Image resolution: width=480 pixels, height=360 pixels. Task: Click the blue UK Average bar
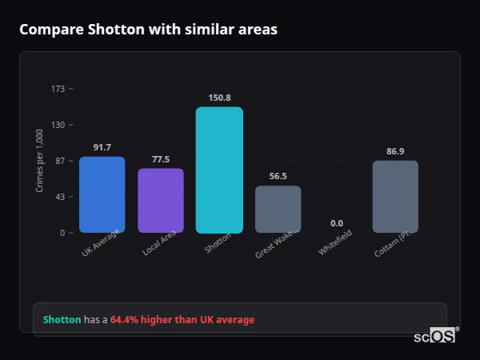tap(102, 194)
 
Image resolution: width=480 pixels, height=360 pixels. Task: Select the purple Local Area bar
tap(161, 200)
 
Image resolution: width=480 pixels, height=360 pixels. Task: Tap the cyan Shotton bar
tap(219, 170)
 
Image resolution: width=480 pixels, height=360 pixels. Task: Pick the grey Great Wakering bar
tap(278, 209)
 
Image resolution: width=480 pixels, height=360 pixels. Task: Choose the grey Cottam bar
tap(395, 196)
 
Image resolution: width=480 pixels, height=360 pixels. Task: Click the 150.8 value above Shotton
tap(219, 98)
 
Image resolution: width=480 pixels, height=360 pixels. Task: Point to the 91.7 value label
tap(102, 147)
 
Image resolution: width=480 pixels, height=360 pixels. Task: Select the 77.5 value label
tap(161, 159)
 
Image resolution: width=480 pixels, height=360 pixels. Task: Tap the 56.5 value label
tap(278, 177)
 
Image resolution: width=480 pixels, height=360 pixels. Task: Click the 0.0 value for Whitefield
tap(336, 223)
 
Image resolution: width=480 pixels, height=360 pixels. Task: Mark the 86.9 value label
tap(395, 151)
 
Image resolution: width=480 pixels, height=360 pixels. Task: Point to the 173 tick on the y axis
tap(58, 89)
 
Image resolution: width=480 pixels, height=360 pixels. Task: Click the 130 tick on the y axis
tap(58, 125)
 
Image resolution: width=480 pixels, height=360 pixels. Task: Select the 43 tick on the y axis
tap(59, 197)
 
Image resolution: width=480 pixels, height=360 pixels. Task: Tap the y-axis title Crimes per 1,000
tap(40, 160)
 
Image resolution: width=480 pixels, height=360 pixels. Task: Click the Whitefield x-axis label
tap(334, 243)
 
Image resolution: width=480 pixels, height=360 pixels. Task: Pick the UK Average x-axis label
tap(101, 243)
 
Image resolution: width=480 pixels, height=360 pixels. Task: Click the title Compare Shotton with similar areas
tap(148, 30)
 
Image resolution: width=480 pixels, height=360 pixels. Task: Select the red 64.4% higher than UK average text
tap(182, 320)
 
